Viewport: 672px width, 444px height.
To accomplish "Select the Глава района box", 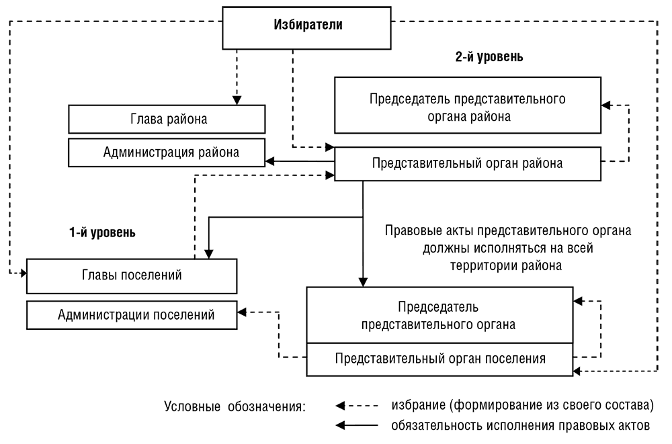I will coord(168,120).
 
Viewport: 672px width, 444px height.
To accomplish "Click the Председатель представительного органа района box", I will coord(467,107).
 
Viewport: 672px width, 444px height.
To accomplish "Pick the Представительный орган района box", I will coord(467,163).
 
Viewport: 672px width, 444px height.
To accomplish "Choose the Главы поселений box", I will coord(132,275).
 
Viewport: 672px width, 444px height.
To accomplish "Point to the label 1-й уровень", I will coord(102,233).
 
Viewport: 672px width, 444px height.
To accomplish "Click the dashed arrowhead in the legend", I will coord(340,406).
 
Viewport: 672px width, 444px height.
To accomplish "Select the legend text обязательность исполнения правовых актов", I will coord(520,425).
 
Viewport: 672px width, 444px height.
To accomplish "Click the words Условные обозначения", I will coord(235,407).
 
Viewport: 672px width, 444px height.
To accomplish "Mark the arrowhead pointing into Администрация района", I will coord(268,161).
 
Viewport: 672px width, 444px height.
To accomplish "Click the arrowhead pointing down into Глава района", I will coord(237,101).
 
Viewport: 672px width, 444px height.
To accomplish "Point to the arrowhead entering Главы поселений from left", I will coord(23,273).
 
